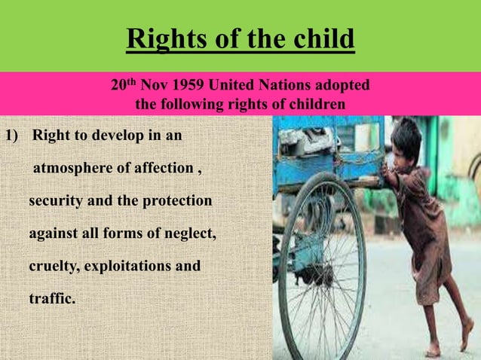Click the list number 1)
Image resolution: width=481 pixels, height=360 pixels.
coord(12,137)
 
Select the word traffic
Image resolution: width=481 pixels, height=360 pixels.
coord(52,298)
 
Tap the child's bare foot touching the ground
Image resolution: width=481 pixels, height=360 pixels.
coord(432,349)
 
